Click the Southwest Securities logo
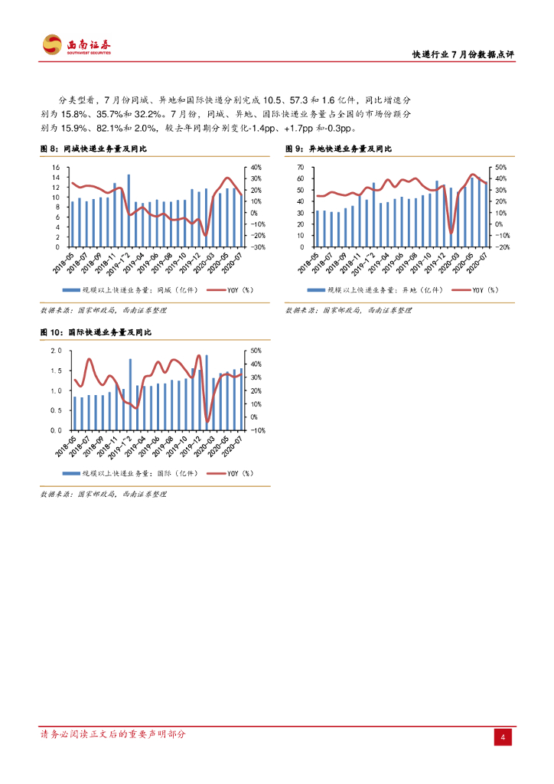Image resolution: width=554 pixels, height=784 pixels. (x=77, y=45)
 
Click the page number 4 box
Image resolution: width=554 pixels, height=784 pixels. (x=503, y=737)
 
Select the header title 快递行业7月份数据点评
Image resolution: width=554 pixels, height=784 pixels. (x=463, y=54)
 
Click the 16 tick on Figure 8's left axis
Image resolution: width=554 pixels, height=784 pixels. (x=55, y=168)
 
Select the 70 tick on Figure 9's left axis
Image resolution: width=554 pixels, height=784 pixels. (x=301, y=168)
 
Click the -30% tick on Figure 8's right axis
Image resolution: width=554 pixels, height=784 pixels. (x=257, y=247)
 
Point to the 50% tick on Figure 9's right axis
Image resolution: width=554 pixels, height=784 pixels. (x=502, y=168)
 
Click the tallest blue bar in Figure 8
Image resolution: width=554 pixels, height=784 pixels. (x=129, y=211)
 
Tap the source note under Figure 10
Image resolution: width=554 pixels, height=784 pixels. (x=103, y=495)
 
